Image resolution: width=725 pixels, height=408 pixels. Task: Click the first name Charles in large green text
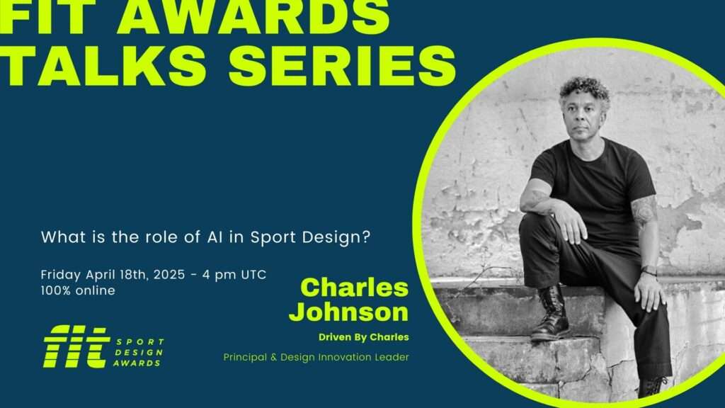point(355,287)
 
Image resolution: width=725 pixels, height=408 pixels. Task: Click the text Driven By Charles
point(364,337)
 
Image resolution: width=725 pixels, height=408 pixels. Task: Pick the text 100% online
point(78,290)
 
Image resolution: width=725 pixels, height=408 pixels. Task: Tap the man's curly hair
point(584,90)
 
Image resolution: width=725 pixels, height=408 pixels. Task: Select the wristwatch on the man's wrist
point(649,270)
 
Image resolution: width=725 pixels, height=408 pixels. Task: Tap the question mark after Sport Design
point(367,237)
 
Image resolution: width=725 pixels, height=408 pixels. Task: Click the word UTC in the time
point(253,274)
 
